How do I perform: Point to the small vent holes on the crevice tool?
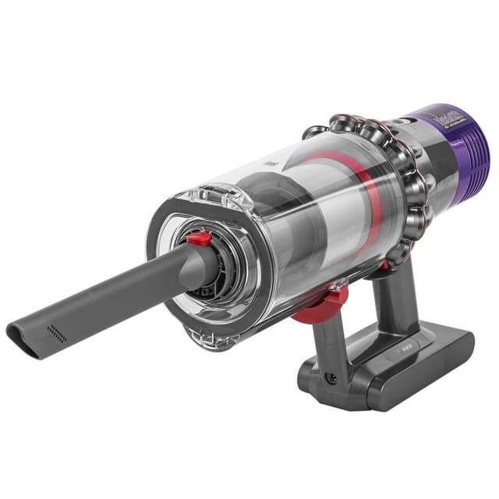tap(56, 334)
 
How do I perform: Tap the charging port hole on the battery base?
tap(332, 378)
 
